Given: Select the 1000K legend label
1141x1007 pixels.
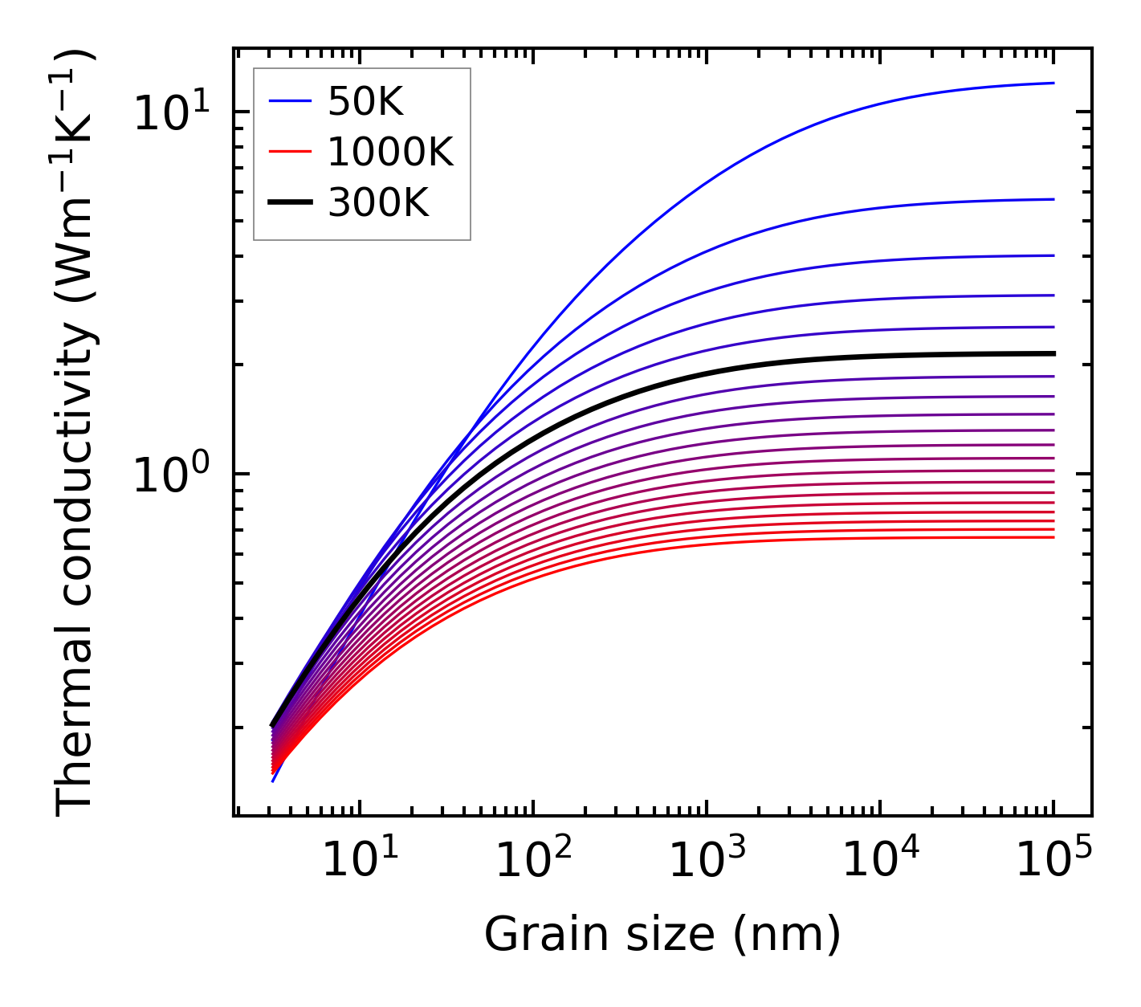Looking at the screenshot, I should (390, 152).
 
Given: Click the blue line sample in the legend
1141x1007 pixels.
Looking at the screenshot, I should (289, 101).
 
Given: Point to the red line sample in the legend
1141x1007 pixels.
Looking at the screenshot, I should (289, 152).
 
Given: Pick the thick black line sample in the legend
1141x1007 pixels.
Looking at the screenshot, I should (289, 203).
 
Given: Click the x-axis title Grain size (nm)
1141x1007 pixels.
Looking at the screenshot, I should (662, 935).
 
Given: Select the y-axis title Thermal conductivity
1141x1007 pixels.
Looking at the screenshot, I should (76, 434).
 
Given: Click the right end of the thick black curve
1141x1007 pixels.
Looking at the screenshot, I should (1053, 353).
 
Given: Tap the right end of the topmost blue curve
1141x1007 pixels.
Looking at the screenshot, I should (1053, 83).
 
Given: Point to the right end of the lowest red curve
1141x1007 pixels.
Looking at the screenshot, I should (1053, 536).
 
